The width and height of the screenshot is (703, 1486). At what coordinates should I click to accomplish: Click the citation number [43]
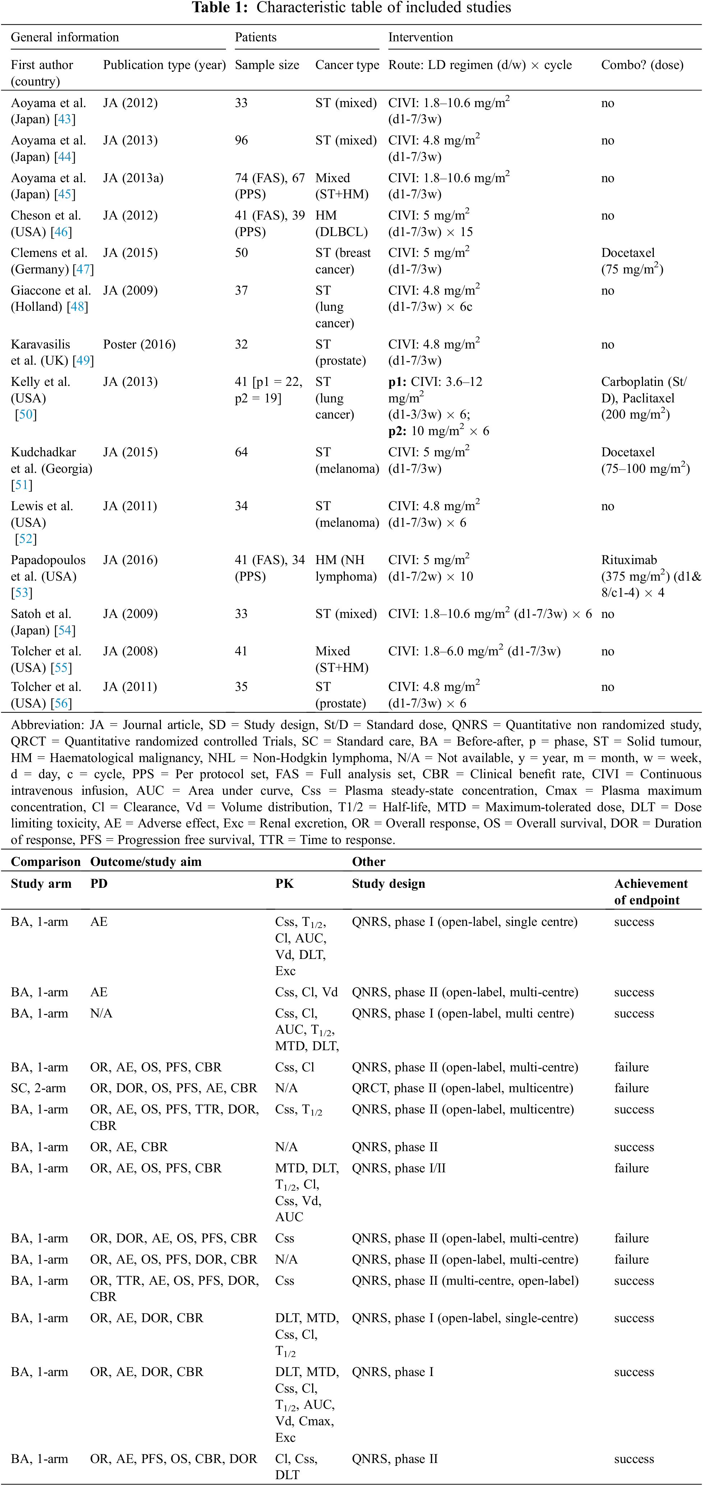(x=65, y=119)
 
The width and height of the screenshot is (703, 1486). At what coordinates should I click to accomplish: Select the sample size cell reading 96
(x=241, y=140)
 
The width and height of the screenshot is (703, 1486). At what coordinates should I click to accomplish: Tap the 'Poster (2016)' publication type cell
(x=139, y=345)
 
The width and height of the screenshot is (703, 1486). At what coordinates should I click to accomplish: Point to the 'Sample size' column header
(x=267, y=65)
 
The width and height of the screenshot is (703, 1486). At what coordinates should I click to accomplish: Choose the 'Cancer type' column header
(x=347, y=65)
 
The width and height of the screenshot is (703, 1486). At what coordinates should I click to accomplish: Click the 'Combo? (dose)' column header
(x=642, y=65)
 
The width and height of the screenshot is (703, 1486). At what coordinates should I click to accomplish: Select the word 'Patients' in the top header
(x=255, y=37)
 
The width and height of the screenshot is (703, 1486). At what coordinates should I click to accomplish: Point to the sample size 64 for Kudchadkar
(x=241, y=452)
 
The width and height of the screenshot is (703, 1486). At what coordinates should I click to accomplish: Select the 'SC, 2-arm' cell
(x=38, y=1088)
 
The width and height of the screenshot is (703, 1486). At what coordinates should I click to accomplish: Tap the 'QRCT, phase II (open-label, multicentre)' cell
(x=462, y=1088)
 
